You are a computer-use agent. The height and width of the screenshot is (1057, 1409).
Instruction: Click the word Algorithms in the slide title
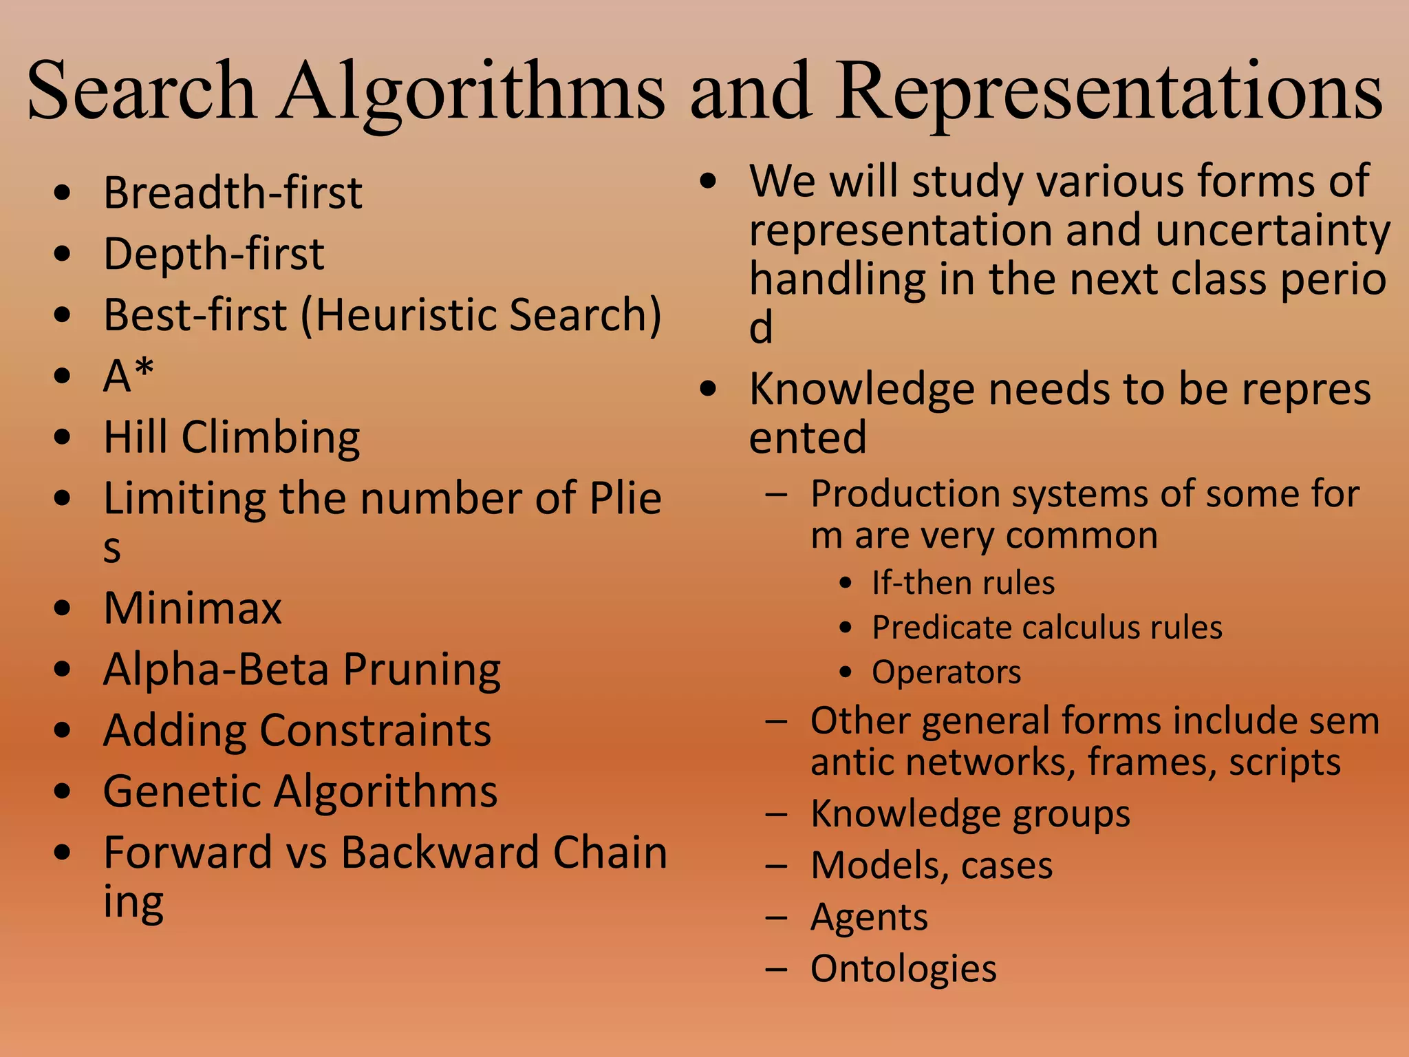tap(473, 93)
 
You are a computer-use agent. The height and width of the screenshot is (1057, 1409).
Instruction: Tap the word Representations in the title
tap(1109, 93)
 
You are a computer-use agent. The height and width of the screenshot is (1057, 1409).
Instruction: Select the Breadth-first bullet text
tap(233, 193)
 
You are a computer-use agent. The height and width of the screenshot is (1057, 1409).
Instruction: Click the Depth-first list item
tap(213, 254)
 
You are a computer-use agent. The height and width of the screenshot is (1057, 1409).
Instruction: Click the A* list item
tap(129, 376)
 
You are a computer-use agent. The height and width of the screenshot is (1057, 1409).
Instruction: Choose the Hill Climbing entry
tap(232, 438)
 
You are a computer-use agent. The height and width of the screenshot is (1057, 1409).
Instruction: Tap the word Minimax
tap(193, 608)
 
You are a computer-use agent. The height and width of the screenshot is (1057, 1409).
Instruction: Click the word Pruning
tap(422, 670)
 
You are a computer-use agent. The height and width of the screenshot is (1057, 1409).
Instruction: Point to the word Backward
tap(440, 853)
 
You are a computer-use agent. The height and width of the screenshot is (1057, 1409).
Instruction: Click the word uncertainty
tap(1273, 231)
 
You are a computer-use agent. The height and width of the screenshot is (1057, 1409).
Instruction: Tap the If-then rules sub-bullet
tap(963, 584)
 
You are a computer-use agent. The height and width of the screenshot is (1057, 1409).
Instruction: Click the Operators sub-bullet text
tap(947, 672)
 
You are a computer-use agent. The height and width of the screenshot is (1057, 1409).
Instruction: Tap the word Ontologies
tap(903, 970)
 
